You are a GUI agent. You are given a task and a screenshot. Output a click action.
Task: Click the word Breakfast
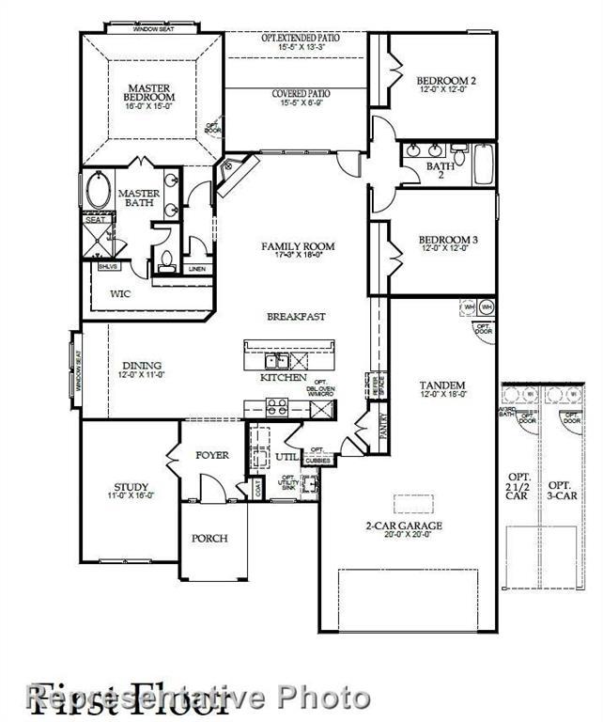[x=296, y=317]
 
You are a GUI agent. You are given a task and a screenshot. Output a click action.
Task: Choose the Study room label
[x=126, y=488]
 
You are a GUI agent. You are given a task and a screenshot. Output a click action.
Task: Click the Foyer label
[x=212, y=455]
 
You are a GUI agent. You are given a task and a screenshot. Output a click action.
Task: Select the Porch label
[x=209, y=539]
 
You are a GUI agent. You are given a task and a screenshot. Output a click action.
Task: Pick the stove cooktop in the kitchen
[x=276, y=407]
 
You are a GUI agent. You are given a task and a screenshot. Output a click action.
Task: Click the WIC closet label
[x=120, y=294]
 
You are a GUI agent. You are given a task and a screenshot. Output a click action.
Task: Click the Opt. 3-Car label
[x=562, y=485]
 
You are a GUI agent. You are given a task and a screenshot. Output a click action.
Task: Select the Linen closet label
[x=196, y=270]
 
